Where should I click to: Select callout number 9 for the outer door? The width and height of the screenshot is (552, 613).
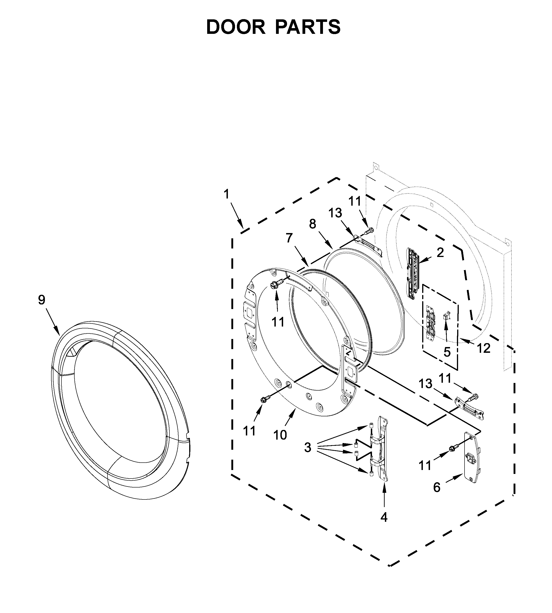click(42, 300)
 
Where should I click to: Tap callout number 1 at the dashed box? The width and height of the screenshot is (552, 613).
click(226, 194)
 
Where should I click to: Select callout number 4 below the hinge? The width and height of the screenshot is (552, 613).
click(384, 517)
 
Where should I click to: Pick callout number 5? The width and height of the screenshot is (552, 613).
click(447, 352)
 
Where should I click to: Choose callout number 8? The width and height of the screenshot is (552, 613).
click(312, 224)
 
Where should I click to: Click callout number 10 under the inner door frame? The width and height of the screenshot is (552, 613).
click(280, 435)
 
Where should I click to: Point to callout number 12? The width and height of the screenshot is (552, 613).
click(483, 348)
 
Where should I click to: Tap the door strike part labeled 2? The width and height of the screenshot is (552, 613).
click(413, 274)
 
